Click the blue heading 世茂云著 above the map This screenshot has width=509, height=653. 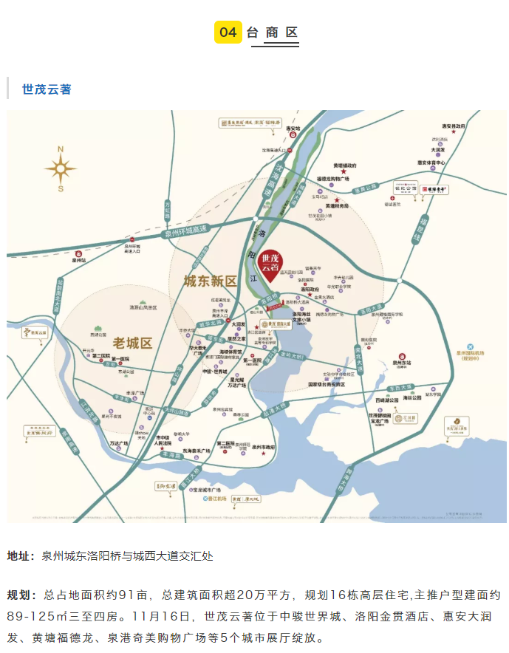click(47, 89)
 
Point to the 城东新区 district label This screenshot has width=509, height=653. click(210, 281)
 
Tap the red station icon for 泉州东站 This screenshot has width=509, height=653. click(402, 355)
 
